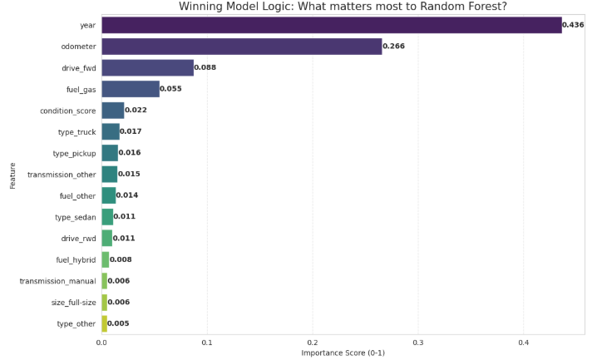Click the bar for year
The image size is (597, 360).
(332, 25)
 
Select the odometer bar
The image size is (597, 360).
(242, 47)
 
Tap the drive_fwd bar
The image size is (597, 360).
(148, 67)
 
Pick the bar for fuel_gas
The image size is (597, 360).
(131, 89)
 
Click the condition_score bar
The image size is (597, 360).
(113, 111)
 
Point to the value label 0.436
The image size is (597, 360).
(573, 25)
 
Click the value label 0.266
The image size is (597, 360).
(393, 46)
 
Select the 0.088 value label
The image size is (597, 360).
(205, 67)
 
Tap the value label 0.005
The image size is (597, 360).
(118, 323)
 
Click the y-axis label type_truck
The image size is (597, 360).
(76, 132)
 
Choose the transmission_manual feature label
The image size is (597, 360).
(58, 281)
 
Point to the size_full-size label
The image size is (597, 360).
(73, 303)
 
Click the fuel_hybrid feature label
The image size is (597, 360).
(76, 260)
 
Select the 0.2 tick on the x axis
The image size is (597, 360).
(313, 343)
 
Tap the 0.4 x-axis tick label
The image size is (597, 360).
(524, 343)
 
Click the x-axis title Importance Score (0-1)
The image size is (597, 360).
(343, 353)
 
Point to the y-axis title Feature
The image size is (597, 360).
(12, 175)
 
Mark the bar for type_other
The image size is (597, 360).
(104, 323)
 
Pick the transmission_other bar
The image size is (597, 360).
(110, 175)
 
